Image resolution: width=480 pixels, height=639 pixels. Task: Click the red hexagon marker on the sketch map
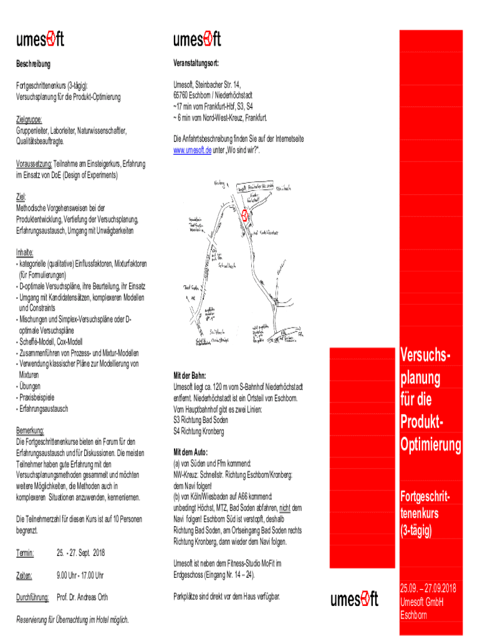[x=245, y=216]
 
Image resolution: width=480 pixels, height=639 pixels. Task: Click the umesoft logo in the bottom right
[x=354, y=600]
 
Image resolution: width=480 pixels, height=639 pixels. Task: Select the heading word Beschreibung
[x=33, y=64]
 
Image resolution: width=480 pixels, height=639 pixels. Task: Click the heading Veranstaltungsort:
[x=196, y=64]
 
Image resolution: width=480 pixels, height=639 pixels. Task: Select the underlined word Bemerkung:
[x=30, y=431]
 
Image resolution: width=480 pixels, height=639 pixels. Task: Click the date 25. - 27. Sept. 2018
[x=80, y=553]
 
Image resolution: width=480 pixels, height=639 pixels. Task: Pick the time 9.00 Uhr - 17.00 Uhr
[x=80, y=575]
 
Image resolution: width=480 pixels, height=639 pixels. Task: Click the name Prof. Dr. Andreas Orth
[x=82, y=598]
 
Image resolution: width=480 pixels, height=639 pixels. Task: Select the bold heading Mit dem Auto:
[x=194, y=452]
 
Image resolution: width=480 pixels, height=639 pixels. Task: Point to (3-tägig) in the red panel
[x=416, y=532]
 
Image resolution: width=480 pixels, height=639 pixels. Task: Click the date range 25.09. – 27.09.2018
[x=428, y=588]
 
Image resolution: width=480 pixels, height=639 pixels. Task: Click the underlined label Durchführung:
[x=32, y=598]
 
